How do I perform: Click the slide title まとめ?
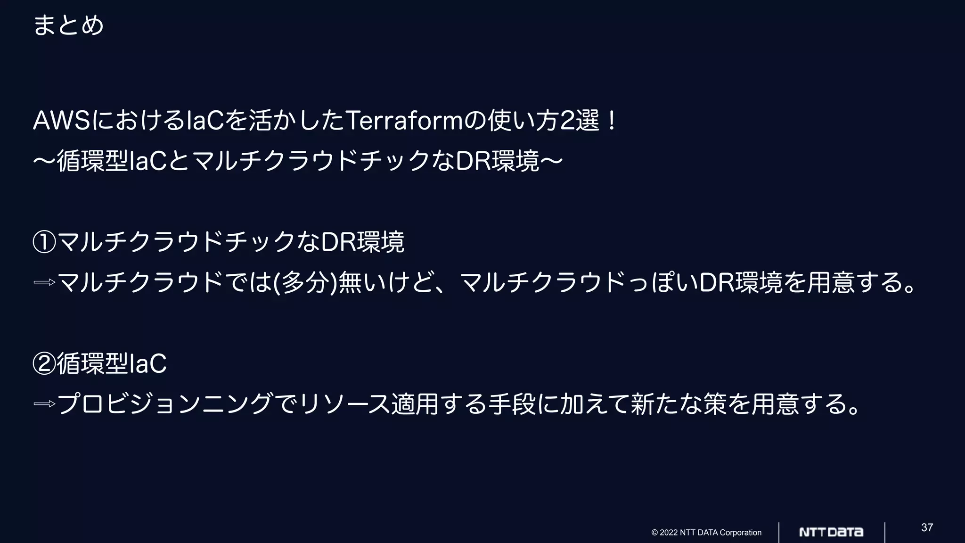68,25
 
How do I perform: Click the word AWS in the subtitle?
62,121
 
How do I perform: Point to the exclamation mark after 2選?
612,121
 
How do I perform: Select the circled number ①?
44,243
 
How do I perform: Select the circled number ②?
44,364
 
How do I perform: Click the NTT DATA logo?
831,532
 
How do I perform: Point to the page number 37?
927,527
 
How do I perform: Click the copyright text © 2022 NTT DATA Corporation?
706,533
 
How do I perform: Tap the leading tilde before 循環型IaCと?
44,162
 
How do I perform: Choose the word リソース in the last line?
344,404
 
